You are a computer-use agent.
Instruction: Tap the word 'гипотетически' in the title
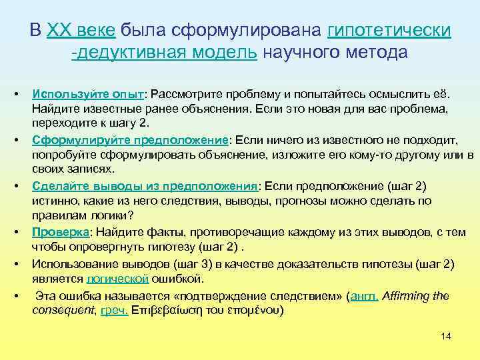coord(389,31)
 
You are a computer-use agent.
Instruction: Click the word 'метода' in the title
coord(374,53)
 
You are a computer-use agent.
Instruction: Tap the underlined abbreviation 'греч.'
coord(115,311)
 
